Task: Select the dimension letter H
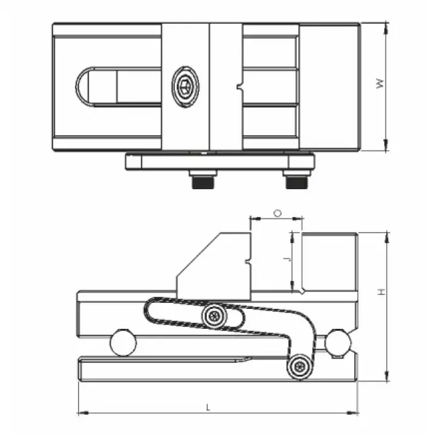click(381, 292)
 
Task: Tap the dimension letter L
click(208, 407)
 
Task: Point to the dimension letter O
click(277, 212)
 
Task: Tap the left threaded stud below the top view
click(204, 180)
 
